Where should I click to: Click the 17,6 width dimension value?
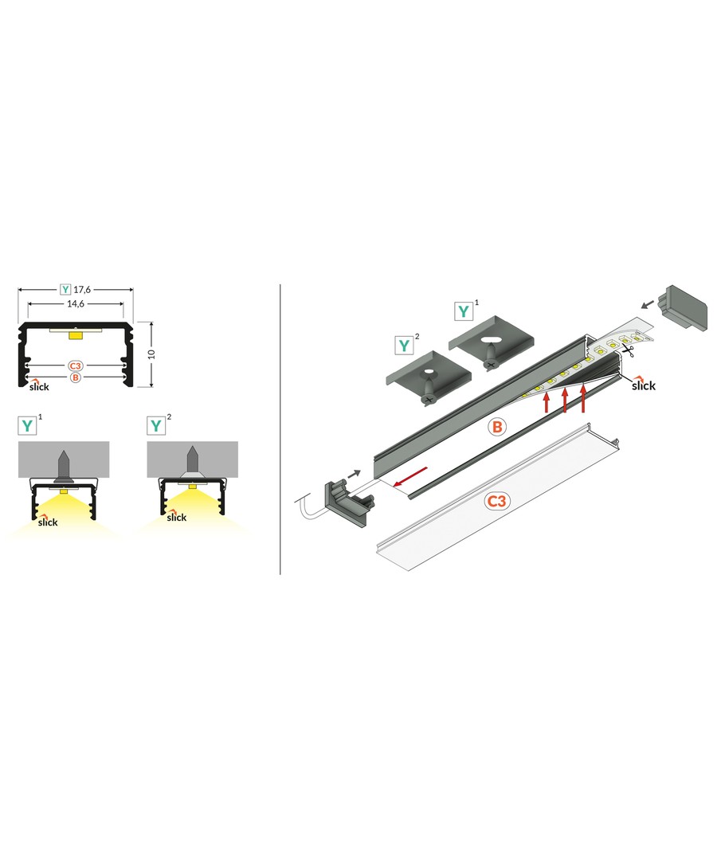(82, 290)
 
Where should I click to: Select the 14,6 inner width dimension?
(75, 304)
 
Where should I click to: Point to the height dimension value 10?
(151, 354)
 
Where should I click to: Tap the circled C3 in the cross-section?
(75, 365)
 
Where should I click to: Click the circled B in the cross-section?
(75, 377)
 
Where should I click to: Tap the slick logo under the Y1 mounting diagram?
(47, 521)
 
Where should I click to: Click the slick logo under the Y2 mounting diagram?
(177, 516)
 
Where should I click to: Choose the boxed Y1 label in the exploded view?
(463, 311)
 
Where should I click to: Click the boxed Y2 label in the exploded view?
(404, 346)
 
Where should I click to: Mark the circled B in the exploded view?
(496, 427)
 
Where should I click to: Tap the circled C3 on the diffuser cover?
(496, 501)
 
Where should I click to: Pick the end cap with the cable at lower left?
(349, 502)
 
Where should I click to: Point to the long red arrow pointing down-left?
(411, 477)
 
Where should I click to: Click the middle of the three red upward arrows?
(565, 400)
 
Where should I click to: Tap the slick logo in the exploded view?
(643, 384)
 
